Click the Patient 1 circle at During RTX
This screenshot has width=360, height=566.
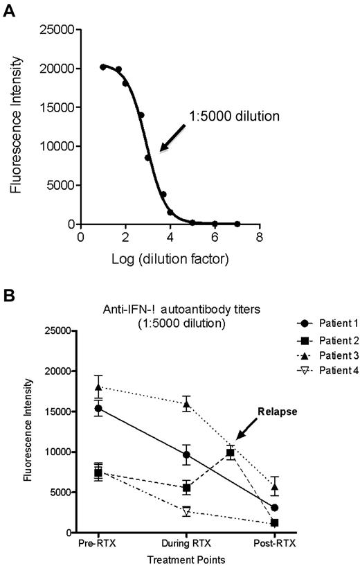[186, 454]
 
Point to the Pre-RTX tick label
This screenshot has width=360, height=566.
[98, 543]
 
